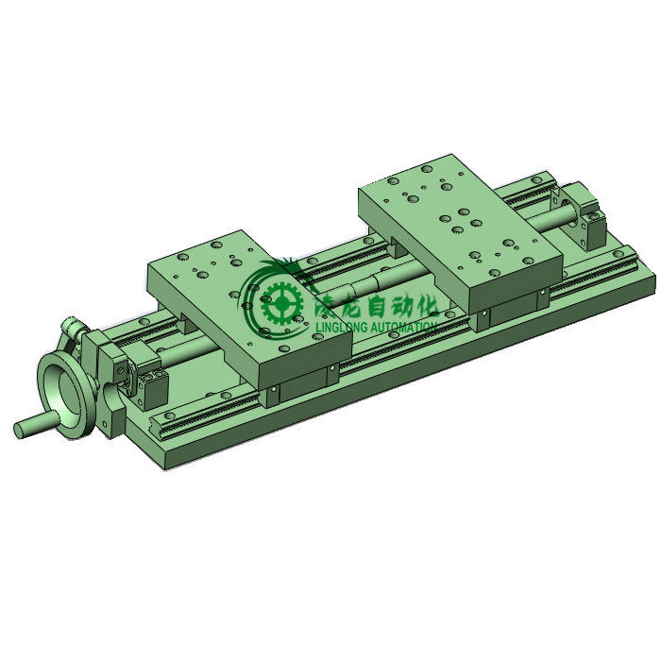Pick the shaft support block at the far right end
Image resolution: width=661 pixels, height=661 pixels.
590,219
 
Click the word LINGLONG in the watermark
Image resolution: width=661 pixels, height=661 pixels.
340,327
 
